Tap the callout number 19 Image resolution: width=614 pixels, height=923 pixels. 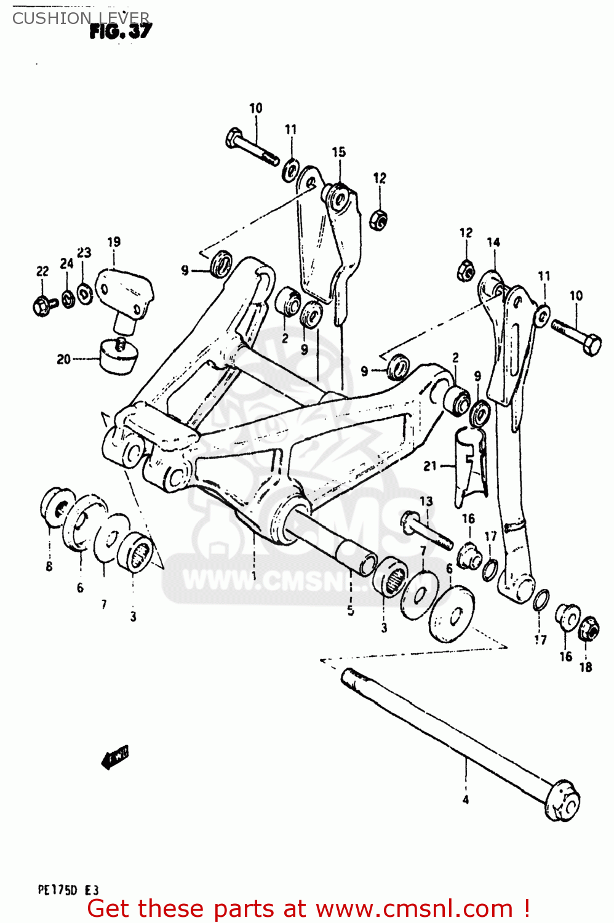[x=114, y=242]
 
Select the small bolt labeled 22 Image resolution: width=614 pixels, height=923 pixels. [x=42, y=304]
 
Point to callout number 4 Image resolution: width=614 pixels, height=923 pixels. [x=466, y=800]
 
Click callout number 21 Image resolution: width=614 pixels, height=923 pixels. [x=430, y=466]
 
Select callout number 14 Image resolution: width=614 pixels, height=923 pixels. [x=493, y=242]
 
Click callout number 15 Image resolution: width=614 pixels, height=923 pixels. [x=338, y=152]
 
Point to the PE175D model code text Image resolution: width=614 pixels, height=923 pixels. [x=68, y=890]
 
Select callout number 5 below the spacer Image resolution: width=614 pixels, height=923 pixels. [x=350, y=610]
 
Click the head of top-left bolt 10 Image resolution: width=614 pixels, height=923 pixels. [x=235, y=137]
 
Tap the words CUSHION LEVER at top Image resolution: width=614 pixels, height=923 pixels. [x=81, y=18]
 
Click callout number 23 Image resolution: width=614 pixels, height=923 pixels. [x=84, y=253]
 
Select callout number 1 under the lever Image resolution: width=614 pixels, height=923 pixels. [x=253, y=577]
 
